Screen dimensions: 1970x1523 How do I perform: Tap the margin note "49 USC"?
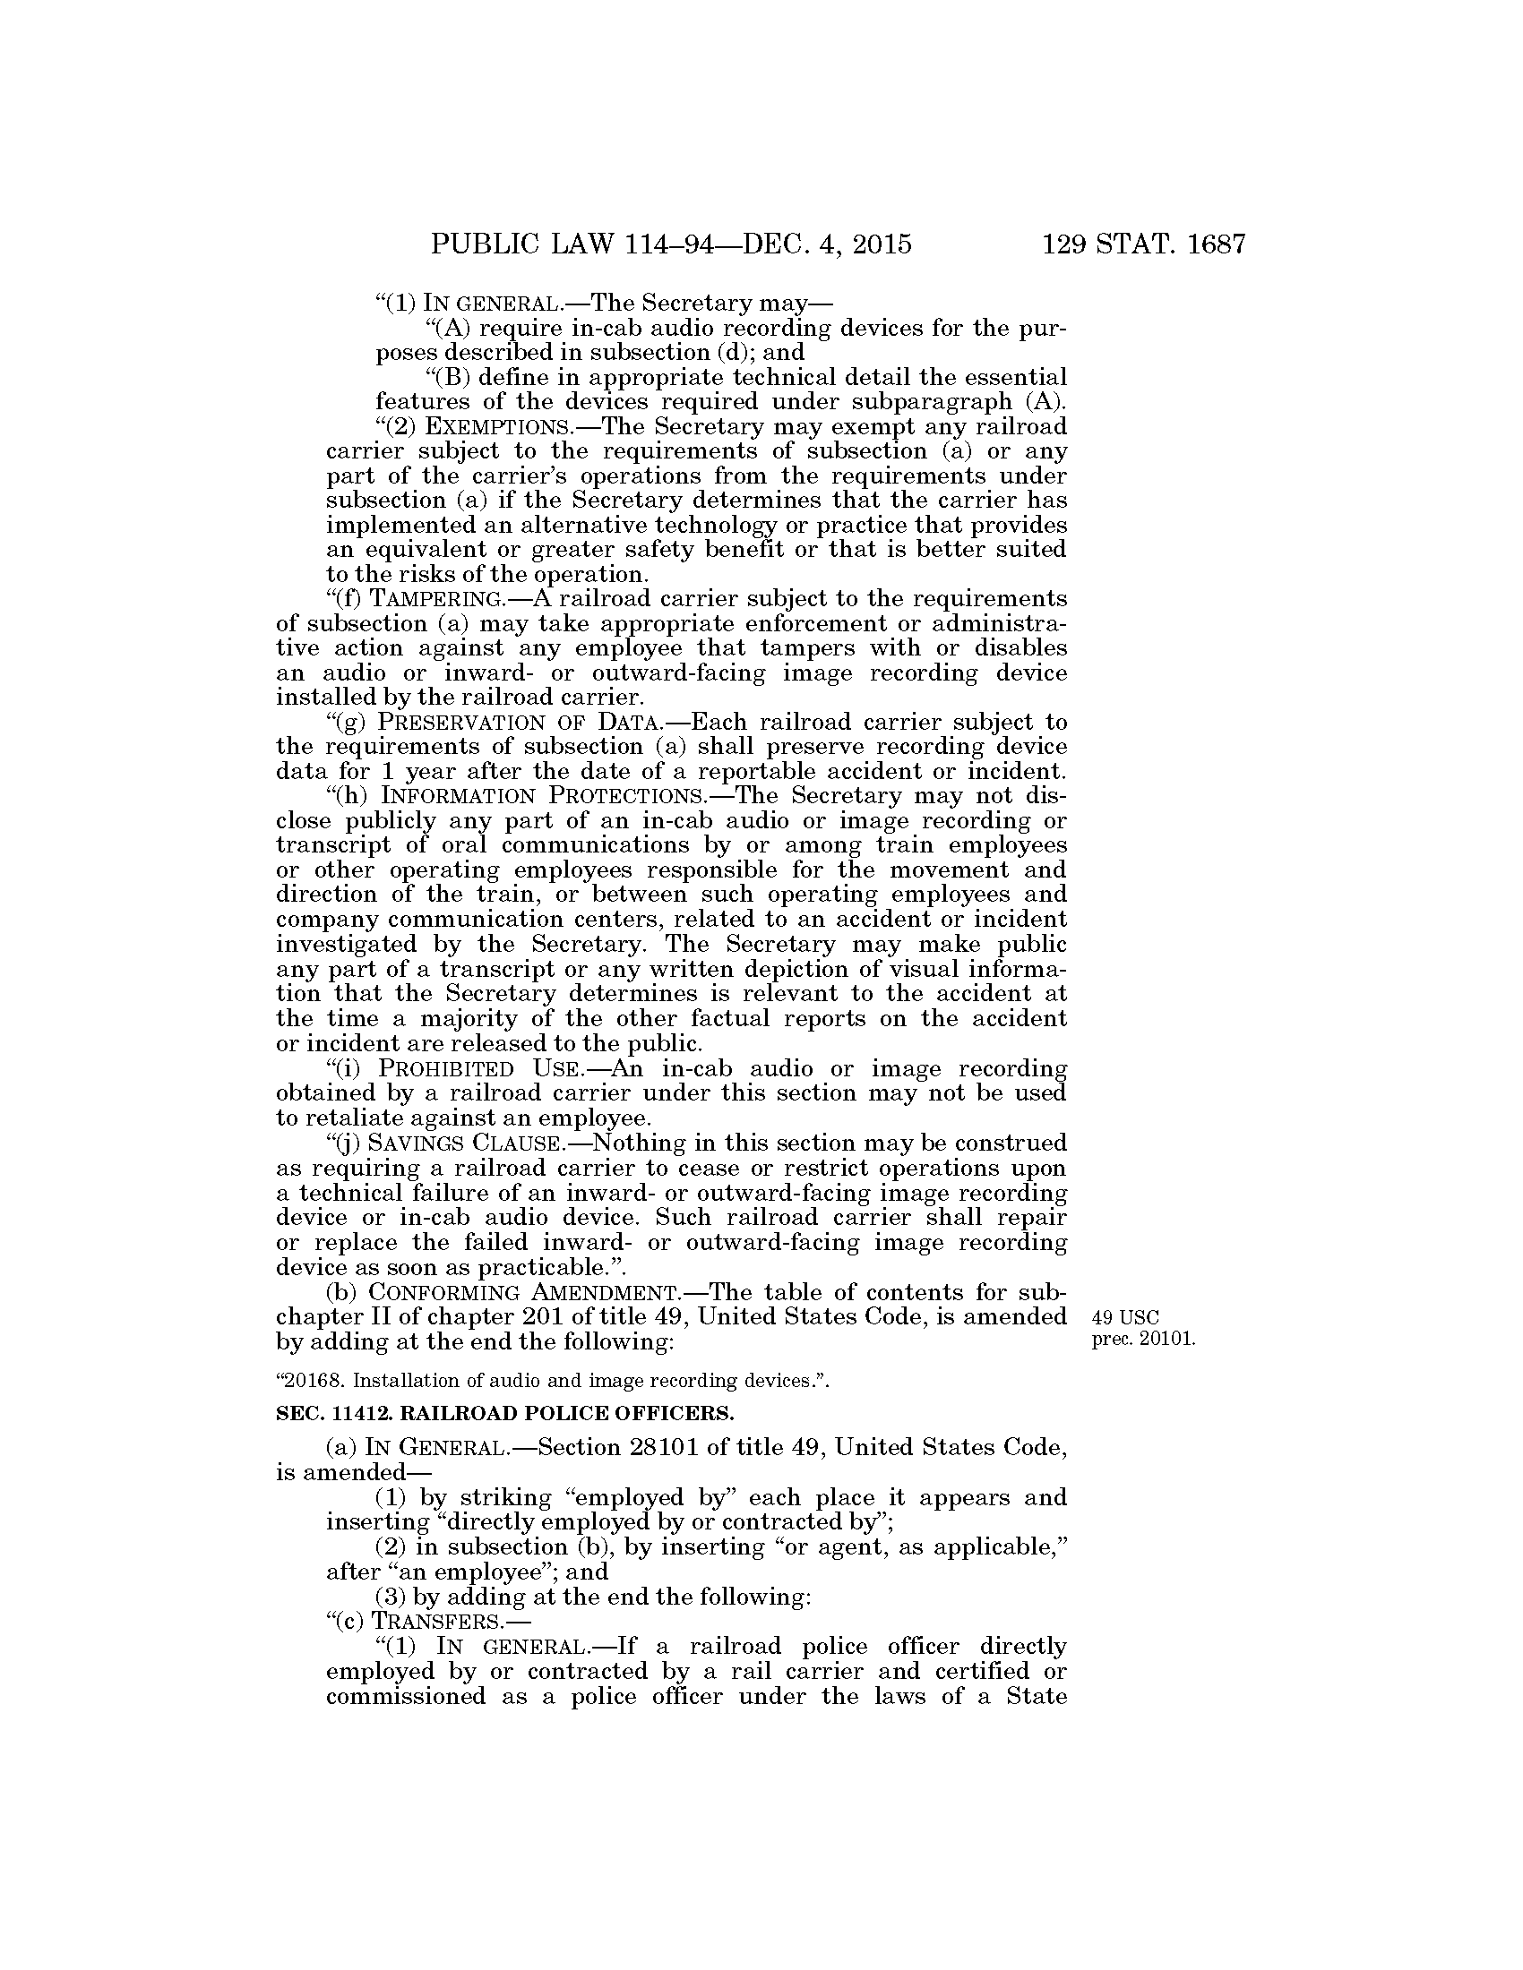pyautogui.click(x=1119, y=1318)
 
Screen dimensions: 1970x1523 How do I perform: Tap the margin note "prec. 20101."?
pyautogui.click(x=1143, y=1340)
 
